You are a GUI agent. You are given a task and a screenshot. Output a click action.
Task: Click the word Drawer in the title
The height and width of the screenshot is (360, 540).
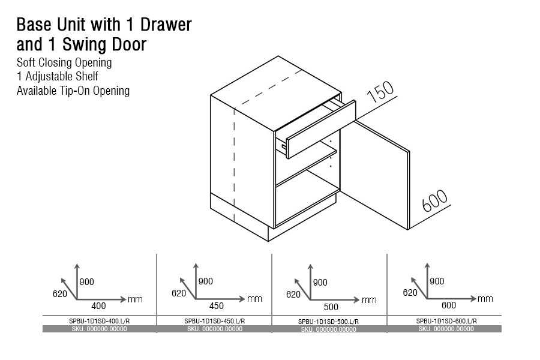click(x=166, y=25)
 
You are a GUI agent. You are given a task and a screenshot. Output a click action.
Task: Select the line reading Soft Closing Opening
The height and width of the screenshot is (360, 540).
click(x=64, y=62)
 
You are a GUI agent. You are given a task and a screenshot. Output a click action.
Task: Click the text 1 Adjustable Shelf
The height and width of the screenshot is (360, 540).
click(x=58, y=76)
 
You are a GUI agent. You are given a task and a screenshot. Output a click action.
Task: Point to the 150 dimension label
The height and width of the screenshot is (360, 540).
click(x=380, y=92)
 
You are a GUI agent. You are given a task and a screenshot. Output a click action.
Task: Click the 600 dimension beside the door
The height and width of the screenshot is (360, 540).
click(x=434, y=200)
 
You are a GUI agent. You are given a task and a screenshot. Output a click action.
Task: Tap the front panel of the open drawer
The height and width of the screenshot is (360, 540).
click(x=321, y=129)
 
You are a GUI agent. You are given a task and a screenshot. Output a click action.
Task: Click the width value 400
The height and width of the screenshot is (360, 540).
click(x=98, y=306)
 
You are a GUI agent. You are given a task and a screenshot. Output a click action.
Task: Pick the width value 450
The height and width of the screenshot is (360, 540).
click(x=216, y=306)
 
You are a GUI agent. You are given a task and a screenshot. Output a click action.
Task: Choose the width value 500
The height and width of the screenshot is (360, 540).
click(x=331, y=307)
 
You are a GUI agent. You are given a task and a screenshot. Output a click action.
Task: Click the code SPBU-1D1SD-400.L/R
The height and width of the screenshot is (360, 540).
click(x=100, y=321)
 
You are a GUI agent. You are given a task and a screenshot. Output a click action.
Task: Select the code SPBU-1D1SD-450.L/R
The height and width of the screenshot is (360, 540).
click(x=215, y=321)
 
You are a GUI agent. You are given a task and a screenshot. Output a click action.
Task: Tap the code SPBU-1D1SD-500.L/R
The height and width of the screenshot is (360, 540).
click(x=329, y=322)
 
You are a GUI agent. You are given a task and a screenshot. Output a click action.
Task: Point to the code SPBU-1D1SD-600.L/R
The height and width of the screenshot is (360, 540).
click(x=446, y=321)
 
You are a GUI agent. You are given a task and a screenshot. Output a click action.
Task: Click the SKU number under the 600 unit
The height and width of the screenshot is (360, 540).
click(x=446, y=329)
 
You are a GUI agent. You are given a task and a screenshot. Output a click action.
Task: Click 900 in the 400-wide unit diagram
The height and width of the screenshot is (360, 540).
click(x=87, y=282)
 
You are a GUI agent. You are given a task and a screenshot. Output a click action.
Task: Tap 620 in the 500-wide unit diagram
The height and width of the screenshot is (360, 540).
click(x=293, y=295)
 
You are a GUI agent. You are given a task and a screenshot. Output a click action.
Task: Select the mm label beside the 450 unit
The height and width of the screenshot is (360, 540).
click(x=254, y=299)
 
